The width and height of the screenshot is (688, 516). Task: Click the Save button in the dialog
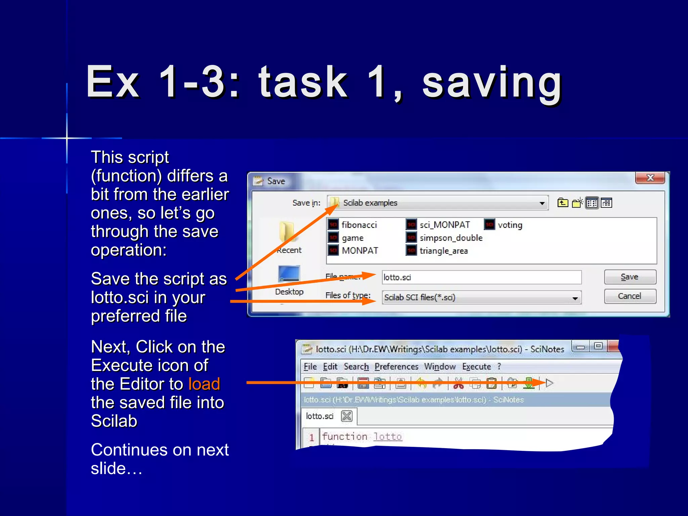pos(630,277)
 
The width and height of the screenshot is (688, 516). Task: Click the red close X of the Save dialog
pos(650,178)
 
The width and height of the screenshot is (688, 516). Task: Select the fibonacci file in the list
pos(359,225)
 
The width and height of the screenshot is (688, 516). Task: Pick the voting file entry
pos(510,225)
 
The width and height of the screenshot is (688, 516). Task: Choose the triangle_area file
pos(443,251)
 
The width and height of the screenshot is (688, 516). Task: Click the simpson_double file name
pos(451,238)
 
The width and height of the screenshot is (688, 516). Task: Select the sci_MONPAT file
pos(444,225)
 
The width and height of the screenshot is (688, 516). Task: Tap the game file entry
pos(352,238)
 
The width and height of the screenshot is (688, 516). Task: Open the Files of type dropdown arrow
pos(575,298)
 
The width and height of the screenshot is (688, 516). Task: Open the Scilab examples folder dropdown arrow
pos(542,203)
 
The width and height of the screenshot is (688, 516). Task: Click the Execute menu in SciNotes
pos(476,367)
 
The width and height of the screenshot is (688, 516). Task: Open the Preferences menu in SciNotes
pos(396,367)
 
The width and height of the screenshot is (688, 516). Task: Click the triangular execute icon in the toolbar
pos(550,383)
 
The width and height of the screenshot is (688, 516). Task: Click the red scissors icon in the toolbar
pos(459,383)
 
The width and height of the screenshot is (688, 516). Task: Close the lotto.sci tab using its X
pos(346,416)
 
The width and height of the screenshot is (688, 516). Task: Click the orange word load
pos(204,384)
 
